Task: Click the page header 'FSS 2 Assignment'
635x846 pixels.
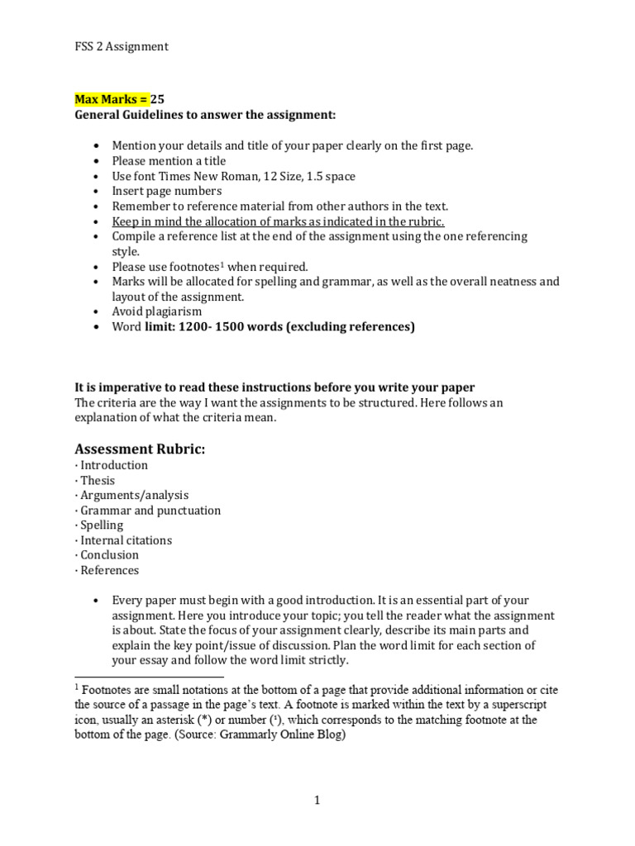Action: click(x=122, y=46)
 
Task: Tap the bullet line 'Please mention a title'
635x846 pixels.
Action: click(x=169, y=161)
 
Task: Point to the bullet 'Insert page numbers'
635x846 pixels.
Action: click(x=167, y=191)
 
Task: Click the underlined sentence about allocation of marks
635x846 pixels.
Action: click(x=278, y=221)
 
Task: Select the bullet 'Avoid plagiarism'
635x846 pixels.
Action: click(x=156, y=311)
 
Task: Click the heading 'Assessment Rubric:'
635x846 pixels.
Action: click(x=139, y=449)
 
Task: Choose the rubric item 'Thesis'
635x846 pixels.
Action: click(x=98, y=480)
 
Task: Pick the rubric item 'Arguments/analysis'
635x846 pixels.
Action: click(x=134, y=495)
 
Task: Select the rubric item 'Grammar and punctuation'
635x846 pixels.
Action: click(x=150, y=510)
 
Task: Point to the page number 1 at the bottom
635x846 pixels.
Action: click(x=317, y=800)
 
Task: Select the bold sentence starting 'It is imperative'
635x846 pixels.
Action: click(x=275, y=387)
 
